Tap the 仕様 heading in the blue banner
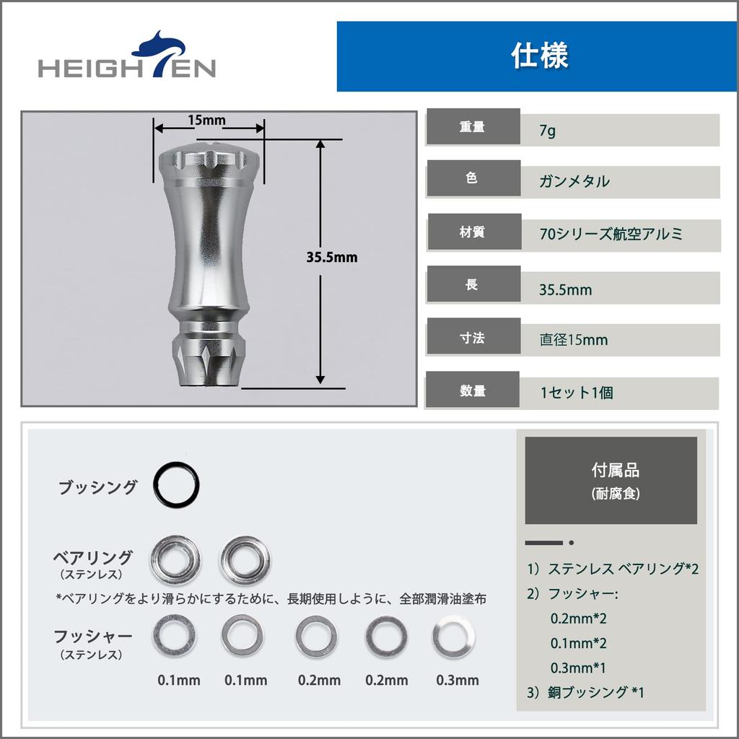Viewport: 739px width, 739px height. pyautogui.click(x=539, y=56)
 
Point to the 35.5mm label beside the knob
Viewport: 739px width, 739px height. pyautogui.click(x=332, y=256)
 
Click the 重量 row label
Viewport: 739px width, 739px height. pyautogui.click(x=473, y=127)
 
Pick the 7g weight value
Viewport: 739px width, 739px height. pyautogui.click(x=548, y=131)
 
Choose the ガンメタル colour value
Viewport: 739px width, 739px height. pyautogui.click(x=574, y=181)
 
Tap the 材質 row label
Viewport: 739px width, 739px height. pyautogui.click(x=473, y=232)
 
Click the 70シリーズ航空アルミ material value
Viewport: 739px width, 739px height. pyautogui.click(x=611, y=235)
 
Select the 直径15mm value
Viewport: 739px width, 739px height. pyautogui.click(x=574, y=339)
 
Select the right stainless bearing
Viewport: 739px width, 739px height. pyautogui.click(x=247, y=559)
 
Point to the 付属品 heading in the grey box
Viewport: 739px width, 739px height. pyautogui.click(x=615, y=471)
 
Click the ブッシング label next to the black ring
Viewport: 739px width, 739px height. pyautogui.click(x=97, y=487)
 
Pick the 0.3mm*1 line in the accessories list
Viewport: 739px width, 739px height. pyautogui.click(x=578, y=668)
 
